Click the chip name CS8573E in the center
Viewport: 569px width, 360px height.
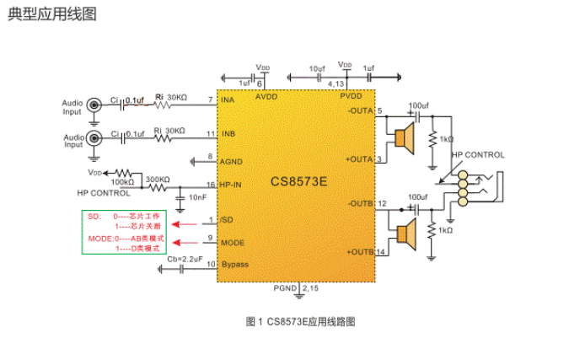[x=301, y=180]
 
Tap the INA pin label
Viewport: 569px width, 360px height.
[x=228, y=100]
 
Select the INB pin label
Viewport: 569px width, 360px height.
[x=228, y=134]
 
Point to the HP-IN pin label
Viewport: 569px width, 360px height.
[x=231, y=184]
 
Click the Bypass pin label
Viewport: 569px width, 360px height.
[x=234, y=264]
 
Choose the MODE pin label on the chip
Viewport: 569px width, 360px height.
[x=233, y=242]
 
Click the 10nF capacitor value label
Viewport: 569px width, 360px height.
[x=197, y=196]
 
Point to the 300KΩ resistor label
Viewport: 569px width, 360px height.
[x=158, y=179]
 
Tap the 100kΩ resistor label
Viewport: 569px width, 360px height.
[x=121, y=182]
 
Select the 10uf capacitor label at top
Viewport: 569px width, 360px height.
[x=317, y=67]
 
